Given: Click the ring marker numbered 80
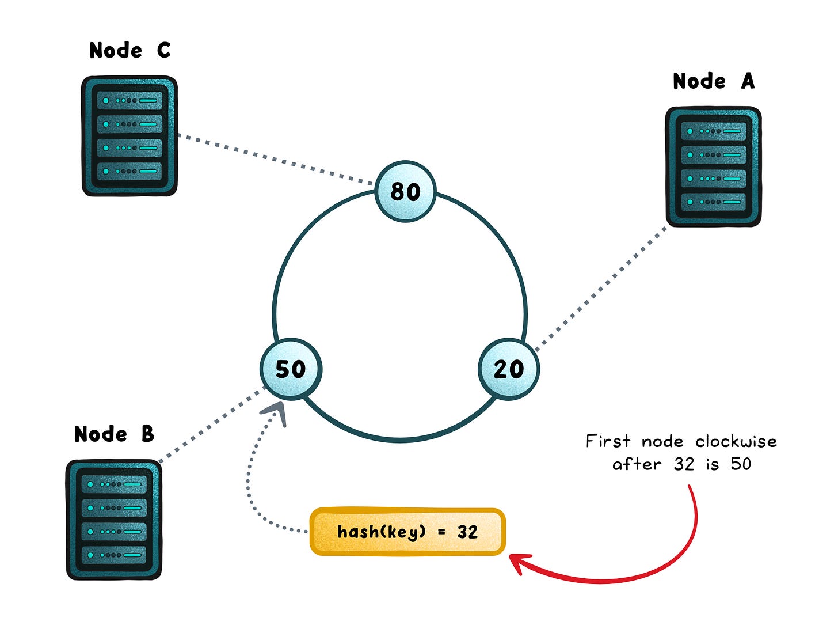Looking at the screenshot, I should [x=405, y=191].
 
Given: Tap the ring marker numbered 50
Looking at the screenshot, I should [x=291, y=369].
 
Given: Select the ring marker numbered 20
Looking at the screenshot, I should [x=509, y=369].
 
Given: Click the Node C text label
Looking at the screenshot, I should [x=130, y=51].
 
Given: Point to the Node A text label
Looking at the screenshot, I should [x=714, y=81].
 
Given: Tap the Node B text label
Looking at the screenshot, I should [x=115, y=434].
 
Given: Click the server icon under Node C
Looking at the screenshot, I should [x=129, y=136].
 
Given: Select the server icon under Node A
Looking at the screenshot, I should [x=713, y=166].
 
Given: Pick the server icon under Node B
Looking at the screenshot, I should [x=114, y=520].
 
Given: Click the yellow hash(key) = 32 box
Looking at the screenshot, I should [x=407, y=532].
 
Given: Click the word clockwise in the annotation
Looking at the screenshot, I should [x=736, y=442].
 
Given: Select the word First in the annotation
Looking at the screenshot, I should [x=608, y=442].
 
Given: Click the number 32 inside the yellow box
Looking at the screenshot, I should [x=467, y=532].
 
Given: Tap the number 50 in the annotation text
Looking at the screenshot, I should [x=741, y=464].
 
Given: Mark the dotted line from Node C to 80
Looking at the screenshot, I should [x=276, y=160].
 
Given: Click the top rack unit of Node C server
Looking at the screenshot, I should [x=129, y=100].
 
